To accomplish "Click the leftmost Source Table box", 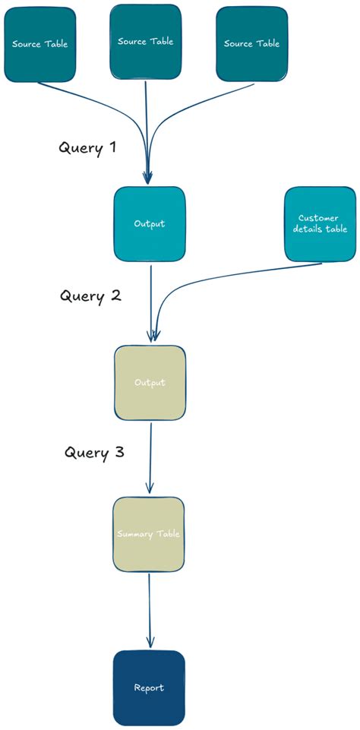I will click(x=40, y=44).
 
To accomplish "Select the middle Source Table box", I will click(x=146, y=42).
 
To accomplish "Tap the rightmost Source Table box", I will click(x=251, y=44).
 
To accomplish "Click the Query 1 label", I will click(x=87, y=147).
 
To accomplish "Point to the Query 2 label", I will click(x=90, y=295).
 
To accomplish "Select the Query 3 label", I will click(x=94, y=453).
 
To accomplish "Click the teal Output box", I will click(x=150, y=224).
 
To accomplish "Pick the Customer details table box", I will click(x=320, y=224).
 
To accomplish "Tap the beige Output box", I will click(x=150, y=382).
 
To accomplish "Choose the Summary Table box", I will click(x=149, y=534).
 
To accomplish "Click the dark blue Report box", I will click(x=149, y=687).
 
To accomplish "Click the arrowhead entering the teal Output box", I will click(x=147, y=178).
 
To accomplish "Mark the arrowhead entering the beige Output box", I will click(x=153, y=336).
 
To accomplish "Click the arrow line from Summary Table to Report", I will click(x=149, y=608).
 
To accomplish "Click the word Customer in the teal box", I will click(x=319, y=218).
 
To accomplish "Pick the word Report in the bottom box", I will click(x=149, y=687).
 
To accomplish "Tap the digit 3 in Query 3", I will click(x=118, y=453).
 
